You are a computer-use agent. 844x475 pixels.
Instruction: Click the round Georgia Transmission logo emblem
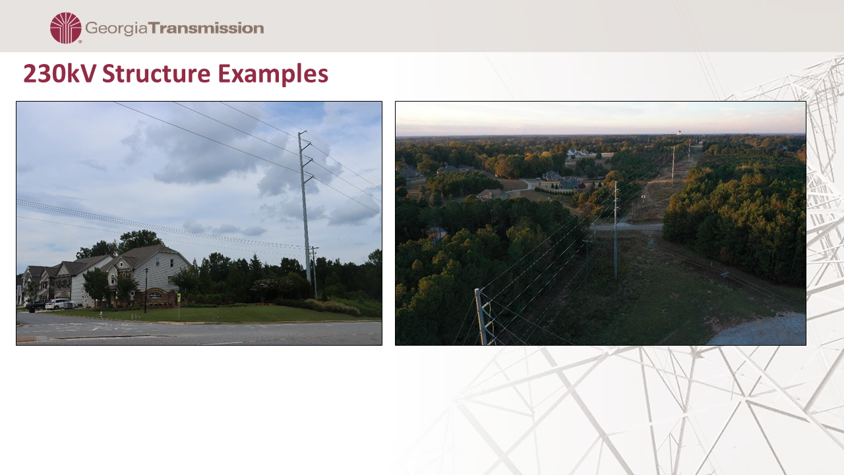pyautogui.click(x=65, y=28)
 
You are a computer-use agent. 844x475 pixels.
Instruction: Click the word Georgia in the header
pyautogui.click(x=116, y=28)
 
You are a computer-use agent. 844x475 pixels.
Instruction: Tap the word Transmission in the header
pyautogui.click(x=206, y=28)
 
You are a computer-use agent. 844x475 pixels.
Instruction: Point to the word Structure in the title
pyautogui.click(x=156, y=73)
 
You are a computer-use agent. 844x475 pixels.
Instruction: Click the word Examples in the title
pyautogui.click(x=273, y=74)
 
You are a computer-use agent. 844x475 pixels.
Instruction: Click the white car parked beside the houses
pyautogui.click(x=58, y=304)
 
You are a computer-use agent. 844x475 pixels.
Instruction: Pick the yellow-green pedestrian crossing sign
pyautogui.click(x=179, y=298)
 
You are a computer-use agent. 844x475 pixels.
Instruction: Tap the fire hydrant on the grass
pyautogui.click(x=101, y=313)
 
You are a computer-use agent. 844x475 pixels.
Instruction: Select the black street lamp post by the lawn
pyautogui.click(x=146, y=291)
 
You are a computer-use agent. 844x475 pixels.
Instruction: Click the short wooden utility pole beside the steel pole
pyautogui.click(x=315, y=272)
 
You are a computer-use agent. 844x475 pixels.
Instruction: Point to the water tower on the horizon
pyautogui.click(x=679, y=133)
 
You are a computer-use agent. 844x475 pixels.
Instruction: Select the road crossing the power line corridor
pyautogui.click(x=626, y=227)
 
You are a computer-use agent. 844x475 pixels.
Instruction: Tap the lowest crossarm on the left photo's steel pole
pyautogui.click(x=309, y=177)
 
